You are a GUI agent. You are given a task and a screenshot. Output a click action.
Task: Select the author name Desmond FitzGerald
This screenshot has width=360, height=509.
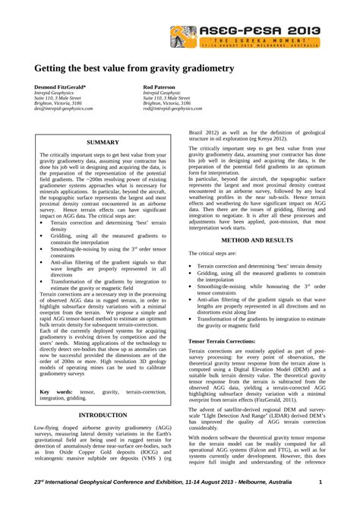point(60,87)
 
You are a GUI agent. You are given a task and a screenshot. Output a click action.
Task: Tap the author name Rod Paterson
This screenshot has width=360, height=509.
point(160,87)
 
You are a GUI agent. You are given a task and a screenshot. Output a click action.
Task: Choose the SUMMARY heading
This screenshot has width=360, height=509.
point(103,142)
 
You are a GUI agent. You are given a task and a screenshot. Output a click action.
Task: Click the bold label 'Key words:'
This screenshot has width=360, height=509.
point(55,390)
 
